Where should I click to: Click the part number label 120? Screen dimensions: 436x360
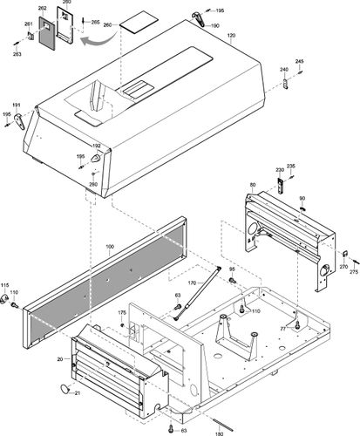(x=231, y=36)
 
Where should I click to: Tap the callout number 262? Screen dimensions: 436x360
(x=42, y=8)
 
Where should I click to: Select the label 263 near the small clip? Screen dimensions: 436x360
(x=17, y=54)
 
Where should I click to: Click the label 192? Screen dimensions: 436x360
(x=96, y=146)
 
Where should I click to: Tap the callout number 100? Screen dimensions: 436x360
(x=110, y=248)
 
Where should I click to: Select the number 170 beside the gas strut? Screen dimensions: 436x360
(x=193, y=282)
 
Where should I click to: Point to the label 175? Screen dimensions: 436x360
(x=123, y=312)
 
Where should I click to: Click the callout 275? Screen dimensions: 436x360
(x=353, y=273)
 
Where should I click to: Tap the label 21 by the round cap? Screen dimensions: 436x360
(x=76, y=394)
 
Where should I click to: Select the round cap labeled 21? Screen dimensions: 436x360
(x=64, y=386)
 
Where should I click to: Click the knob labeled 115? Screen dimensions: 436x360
(x=13, y=302)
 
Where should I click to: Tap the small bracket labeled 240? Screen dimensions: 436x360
(x=286, y=83)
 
